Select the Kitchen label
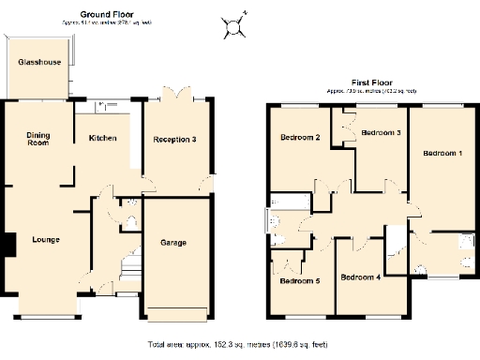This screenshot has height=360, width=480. pyautogui.click(x=102, y=139)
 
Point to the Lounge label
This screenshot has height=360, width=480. pyautogui.click(x=45, y=240)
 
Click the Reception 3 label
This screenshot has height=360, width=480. pyautogui.click(x=175, y=140)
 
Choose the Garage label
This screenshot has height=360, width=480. pyautogui.click(x=173, y=243)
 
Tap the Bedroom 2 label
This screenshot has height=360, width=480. pyautogui.click(x=300, y=139)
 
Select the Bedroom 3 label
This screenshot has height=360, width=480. pyautogui.click(x=382, y=133)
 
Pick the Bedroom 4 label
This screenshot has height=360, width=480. pyautogui.click(x=360, y=277)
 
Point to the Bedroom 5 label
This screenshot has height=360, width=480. pyautogui.click(x=299, y=281)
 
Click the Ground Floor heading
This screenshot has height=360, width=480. pyautogui.click(x=105, y=15)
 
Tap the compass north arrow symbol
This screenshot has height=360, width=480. pyautogui.click(x=234, y=25)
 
